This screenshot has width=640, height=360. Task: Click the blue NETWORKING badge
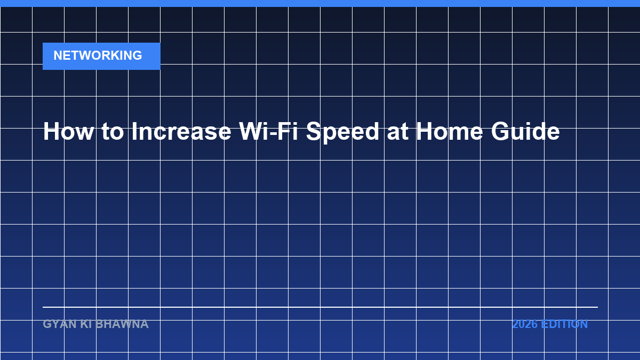101,57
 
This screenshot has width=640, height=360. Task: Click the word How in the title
68,131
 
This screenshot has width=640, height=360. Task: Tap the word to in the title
113,132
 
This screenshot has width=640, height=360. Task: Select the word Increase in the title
181,131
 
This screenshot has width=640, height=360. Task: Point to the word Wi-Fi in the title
269,131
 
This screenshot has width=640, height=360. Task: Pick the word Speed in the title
342,133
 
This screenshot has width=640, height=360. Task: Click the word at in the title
397,132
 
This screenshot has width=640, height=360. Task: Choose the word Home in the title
449,131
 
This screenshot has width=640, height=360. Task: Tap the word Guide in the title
525,131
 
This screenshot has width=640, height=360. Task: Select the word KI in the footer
86,324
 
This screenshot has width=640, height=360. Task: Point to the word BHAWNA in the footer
122,324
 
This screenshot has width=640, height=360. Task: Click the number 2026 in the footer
525,324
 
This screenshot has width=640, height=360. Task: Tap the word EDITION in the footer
564,324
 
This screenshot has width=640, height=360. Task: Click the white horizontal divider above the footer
321,307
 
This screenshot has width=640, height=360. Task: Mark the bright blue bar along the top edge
320,3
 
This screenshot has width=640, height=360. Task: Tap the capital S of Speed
314,131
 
